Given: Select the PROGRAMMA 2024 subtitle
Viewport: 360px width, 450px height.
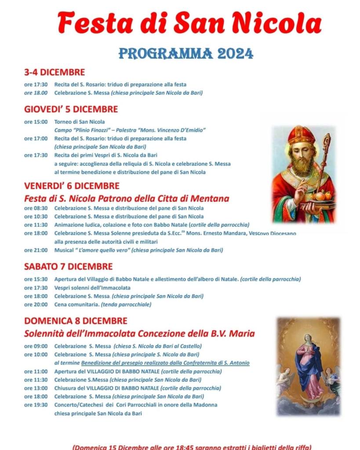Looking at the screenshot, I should click(186, 54).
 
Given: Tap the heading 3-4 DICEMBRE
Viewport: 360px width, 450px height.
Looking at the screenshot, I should click(55, 73).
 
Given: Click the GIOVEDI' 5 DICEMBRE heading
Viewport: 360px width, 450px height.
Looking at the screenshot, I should click(71, 109).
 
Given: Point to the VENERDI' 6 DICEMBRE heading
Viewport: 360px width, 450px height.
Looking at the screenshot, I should click(72, 186).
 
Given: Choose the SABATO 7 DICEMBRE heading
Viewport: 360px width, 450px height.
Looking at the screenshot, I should click(68, 266).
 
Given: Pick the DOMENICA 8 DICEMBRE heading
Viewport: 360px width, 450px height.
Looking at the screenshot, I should click(76, 321).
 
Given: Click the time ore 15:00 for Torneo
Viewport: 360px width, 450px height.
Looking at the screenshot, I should click(35, 122).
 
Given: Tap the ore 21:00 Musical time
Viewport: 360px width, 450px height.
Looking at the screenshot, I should click(35, 250).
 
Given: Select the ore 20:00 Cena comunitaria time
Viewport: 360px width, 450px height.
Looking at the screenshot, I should click(35, 305).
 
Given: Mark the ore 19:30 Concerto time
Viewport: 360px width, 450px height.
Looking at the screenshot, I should click(35, 405).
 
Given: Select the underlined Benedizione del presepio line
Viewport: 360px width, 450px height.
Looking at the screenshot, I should click(165, 363).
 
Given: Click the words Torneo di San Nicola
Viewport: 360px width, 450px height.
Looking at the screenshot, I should click(80, 122).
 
